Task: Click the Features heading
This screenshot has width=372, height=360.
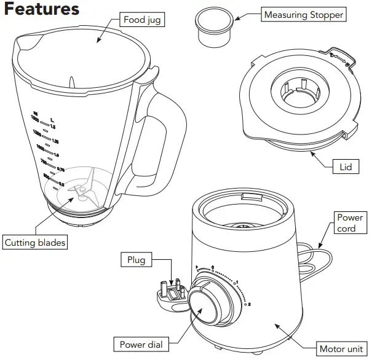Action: (42, 10)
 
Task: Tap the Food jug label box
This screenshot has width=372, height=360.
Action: (143, 20)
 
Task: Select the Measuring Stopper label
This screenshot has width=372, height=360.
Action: (304, 14)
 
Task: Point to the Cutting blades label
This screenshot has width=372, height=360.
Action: (35, 243)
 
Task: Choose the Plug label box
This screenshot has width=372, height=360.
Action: (137, 260)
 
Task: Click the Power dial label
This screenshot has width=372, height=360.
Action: (140, 345)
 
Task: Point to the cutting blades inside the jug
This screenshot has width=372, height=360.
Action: (81, 190)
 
